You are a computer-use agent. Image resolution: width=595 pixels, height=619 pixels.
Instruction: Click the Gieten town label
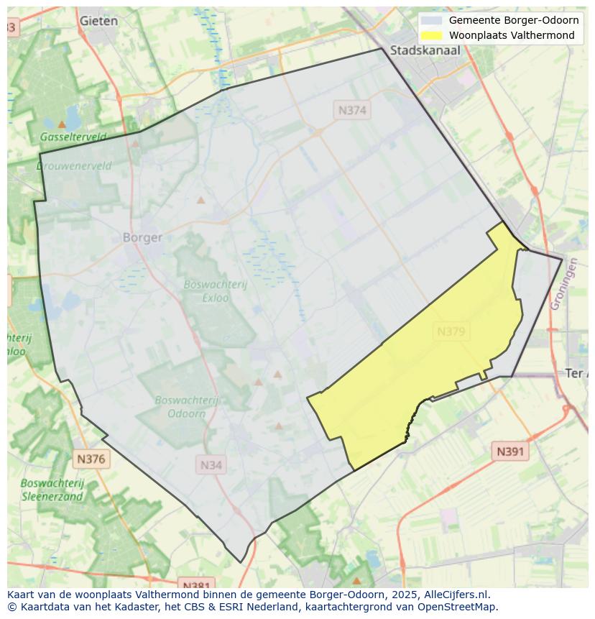pos(98,21)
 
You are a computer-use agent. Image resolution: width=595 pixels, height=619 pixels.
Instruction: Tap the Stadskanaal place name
pos(425,50)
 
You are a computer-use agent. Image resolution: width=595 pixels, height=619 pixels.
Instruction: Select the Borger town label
pos(142,237)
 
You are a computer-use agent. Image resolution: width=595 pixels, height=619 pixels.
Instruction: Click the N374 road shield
pos(352,110)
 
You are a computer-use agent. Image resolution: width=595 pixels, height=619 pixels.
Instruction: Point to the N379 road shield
pos(451,331)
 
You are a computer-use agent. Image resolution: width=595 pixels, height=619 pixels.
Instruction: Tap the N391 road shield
pos(510,451)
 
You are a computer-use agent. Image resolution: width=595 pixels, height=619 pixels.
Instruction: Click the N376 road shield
pos(91,459)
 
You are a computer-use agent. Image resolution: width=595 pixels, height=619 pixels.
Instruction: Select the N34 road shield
pos(211,465)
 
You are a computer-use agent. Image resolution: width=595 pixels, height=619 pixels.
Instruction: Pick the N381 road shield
pos(195,584)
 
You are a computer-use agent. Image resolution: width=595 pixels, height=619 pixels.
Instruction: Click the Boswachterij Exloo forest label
pos(215,290)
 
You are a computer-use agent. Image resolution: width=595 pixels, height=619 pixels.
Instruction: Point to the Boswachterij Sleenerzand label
pos(52,490)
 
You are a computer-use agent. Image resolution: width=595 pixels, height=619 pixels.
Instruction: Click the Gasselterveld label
pos(73,137)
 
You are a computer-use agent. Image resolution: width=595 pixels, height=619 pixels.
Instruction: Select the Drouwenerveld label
pos(74,165)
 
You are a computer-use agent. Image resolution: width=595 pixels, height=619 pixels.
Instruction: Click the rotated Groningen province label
pos(564,285)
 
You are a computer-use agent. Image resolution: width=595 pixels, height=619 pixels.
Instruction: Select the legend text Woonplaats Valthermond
pos(512,35)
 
